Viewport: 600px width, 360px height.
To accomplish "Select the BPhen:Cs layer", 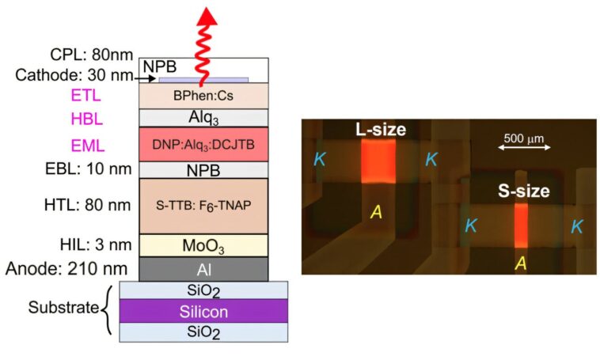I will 203,95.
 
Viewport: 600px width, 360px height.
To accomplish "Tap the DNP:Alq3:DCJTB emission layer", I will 203,144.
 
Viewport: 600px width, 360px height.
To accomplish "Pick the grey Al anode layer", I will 203,269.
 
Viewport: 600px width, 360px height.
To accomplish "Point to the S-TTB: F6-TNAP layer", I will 203,206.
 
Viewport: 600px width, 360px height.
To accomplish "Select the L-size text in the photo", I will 381,128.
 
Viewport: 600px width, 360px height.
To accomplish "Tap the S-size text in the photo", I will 520,190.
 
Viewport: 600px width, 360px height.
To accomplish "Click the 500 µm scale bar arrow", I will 523,147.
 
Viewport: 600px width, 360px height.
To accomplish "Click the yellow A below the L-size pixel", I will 378,211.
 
